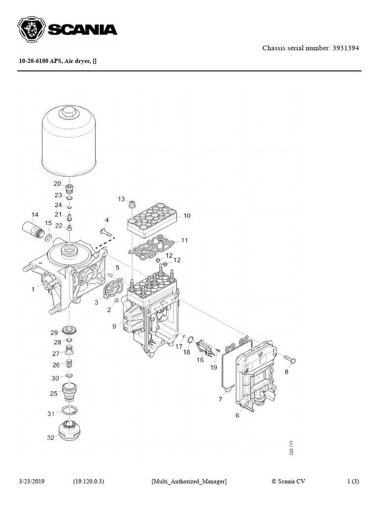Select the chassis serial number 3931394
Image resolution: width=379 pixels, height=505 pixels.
(x=345, y=48)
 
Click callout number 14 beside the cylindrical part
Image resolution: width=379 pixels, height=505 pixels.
(x=35, y=215)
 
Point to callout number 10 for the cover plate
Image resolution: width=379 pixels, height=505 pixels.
(x=187, y=216)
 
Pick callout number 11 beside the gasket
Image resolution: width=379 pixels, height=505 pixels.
(x=185, y=241)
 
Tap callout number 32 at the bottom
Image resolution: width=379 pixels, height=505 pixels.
(x=51, y=437)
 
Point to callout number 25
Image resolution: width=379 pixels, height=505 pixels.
(x=53, y=393)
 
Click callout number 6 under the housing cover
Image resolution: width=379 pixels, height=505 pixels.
(x=237, y=416)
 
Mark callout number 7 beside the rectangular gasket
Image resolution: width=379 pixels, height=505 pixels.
(x=221, y=399)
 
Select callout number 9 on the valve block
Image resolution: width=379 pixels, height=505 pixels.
(x=114, y=325)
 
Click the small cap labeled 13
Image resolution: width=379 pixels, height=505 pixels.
(x=132, y=203)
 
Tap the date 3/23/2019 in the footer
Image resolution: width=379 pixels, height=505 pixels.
(x=32, y=481)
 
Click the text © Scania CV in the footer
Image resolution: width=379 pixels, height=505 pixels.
(x=289, y=481)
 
